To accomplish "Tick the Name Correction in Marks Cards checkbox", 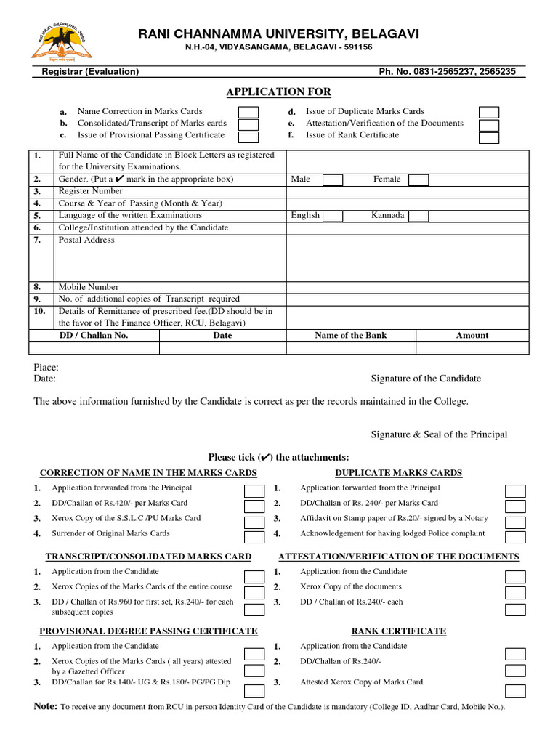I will [249, 112].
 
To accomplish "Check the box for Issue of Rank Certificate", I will [488, 137].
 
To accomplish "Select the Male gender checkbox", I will [332, 179].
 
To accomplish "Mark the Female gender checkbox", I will [418, 179].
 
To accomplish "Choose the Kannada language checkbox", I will [418, 216].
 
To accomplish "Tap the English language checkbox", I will [332, 216].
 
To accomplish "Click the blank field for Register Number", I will [408, 192].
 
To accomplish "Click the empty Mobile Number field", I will [408, 287].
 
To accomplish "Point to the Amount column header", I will [472, 336].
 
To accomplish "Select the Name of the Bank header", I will [350, 336].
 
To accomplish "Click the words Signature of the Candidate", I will [426, 379].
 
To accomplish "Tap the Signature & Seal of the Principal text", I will [439, 434].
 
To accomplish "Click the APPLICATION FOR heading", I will [279, 92].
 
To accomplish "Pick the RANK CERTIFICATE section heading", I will [399, 631].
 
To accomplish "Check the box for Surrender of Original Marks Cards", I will [254, 536].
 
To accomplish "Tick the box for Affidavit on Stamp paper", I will [515, 521].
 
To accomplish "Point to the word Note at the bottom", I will [45, 706].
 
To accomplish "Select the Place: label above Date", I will [46, 368].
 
